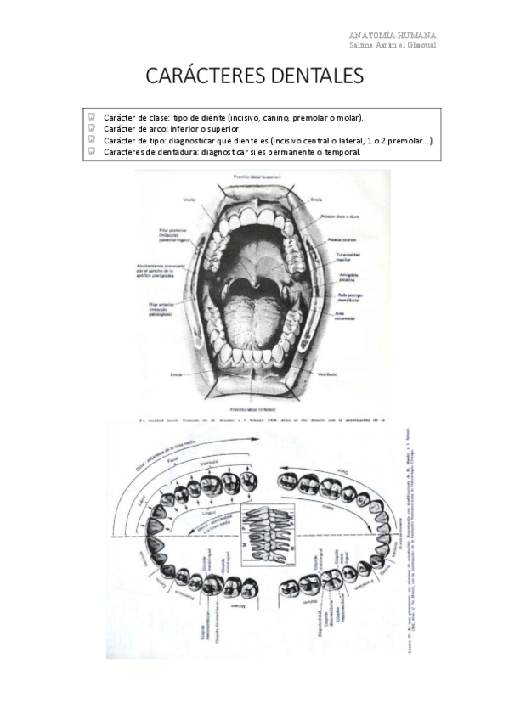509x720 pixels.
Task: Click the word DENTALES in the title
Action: point(309,76)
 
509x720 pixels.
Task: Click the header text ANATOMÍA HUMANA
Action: point(393,35)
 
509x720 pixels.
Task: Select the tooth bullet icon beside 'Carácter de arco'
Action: point(91,128)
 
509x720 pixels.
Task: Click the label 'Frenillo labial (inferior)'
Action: point(259,409)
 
